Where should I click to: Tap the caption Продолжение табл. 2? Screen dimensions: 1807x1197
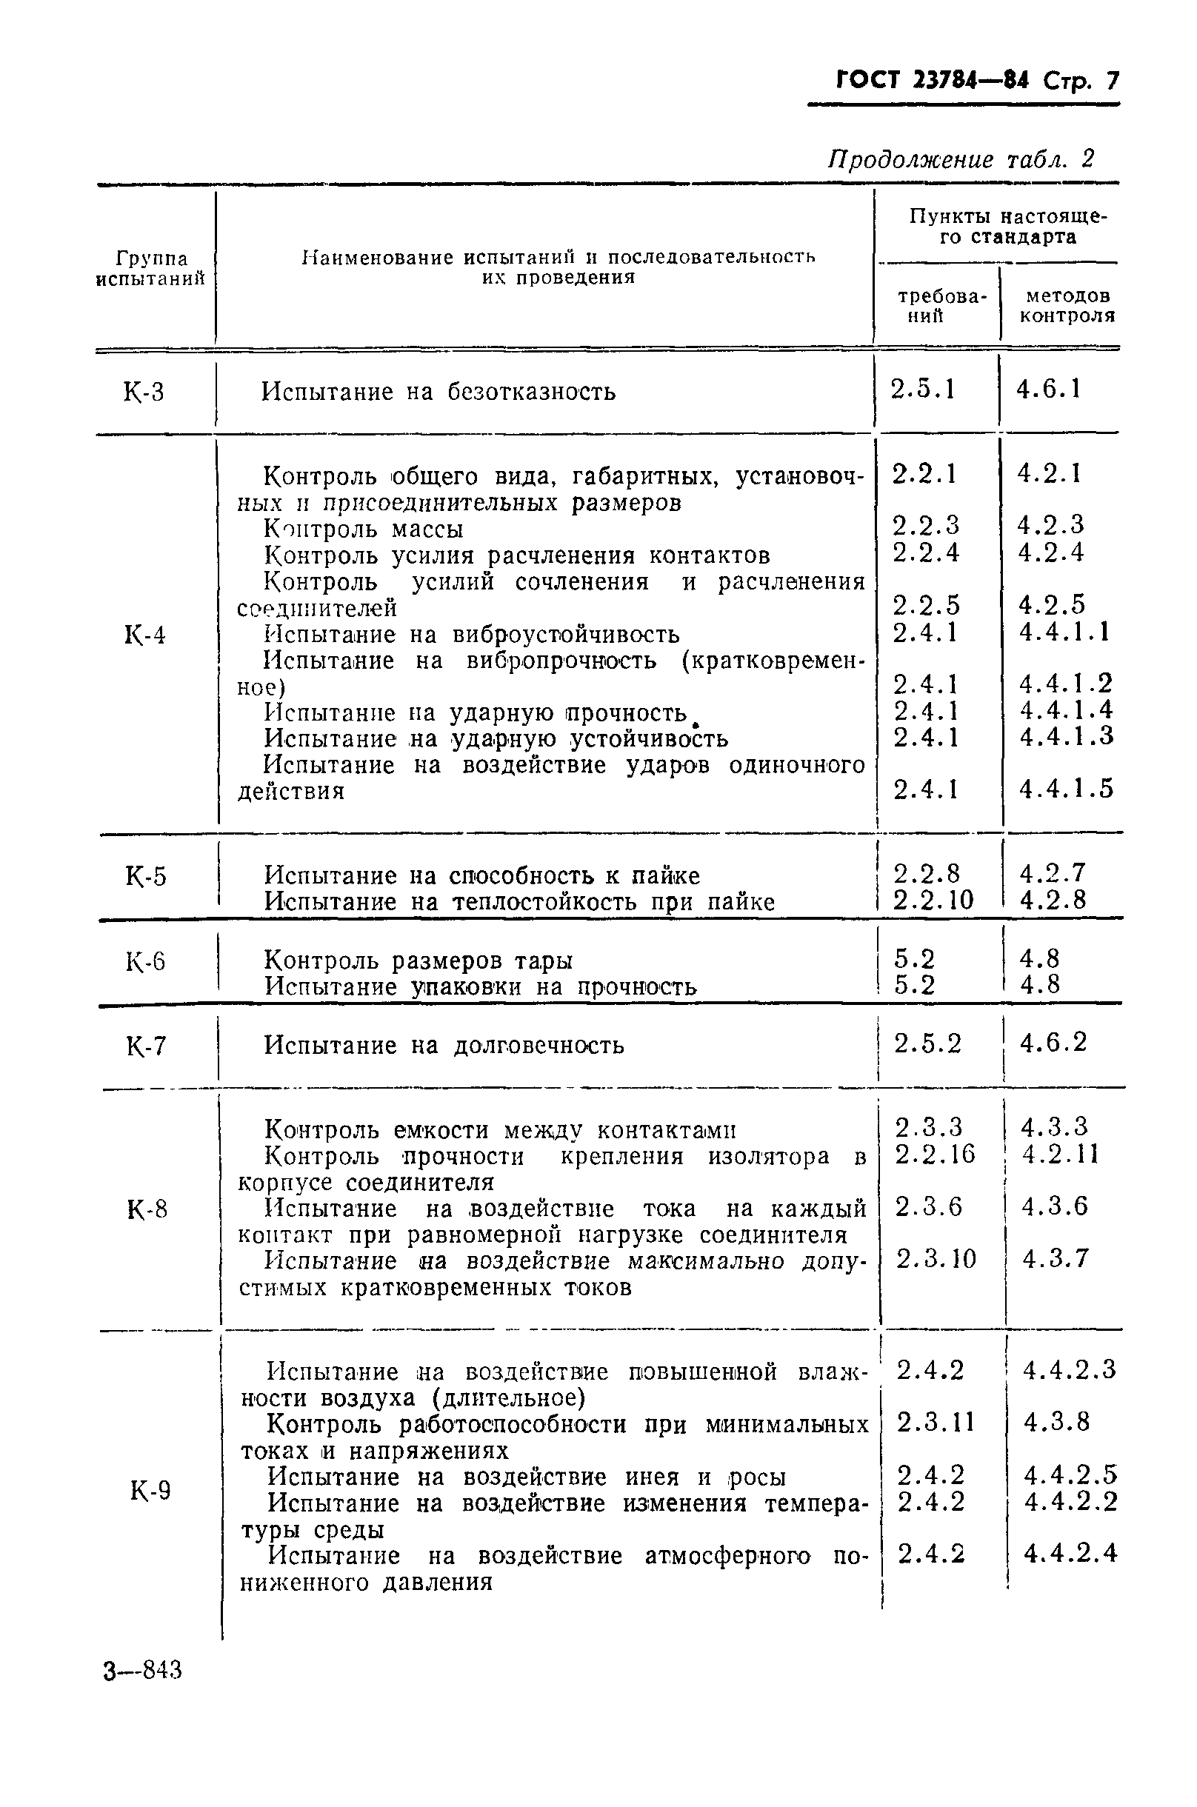(x=961, y=158)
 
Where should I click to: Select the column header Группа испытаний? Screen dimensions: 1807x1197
(x=151, y=268)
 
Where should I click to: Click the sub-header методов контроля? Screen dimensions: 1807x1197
(x=1067, y=305)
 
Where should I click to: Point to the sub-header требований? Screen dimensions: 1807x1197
(x=939, y=306)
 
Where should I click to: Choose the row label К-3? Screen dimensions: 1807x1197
(x=144, y=393)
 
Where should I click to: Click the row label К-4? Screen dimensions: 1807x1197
(x=144, y=635)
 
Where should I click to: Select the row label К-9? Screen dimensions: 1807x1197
(x=150, y=1489)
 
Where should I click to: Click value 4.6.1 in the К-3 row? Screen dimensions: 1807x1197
(x=1048, y=390)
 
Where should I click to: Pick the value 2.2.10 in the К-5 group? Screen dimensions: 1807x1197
(x=933, y=901)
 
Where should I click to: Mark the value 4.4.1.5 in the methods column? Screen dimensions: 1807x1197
(x=1067, y=788)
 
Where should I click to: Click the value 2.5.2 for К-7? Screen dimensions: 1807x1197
(x=927, y=1043)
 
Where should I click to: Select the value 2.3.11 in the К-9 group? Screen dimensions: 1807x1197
(x=936, y=1422)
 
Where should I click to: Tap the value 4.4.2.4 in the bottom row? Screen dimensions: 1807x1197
(x=1070, y=1553)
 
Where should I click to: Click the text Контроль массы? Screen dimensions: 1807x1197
(x=364, y=529)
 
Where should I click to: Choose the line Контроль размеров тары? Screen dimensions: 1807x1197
(x=419, y=960)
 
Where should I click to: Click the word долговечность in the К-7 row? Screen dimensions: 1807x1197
(x=539, y=1045)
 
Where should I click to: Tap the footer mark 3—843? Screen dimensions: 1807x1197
(x=143, y=1671)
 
